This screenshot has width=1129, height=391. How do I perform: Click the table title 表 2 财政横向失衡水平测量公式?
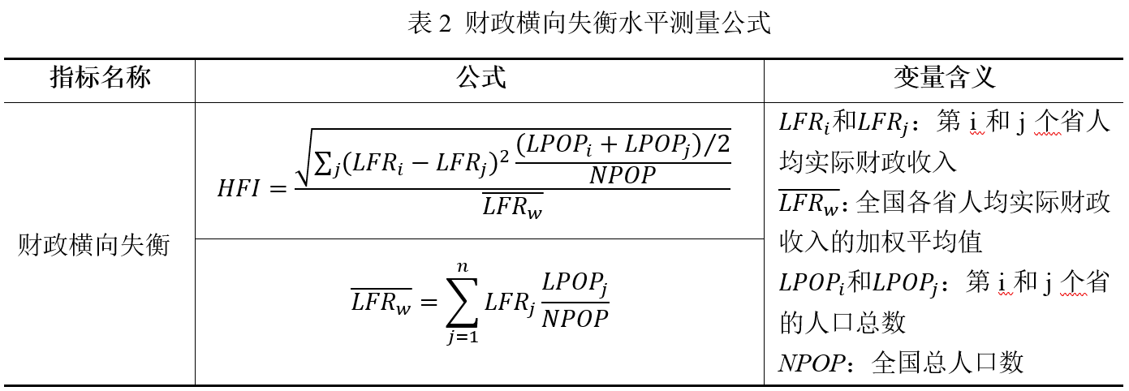[x=588, y=24]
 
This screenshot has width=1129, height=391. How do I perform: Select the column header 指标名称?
[x=101, y=79]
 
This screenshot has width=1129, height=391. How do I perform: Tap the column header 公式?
[x=480, y=79]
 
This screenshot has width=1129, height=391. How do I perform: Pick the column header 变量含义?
[x=944, y=79]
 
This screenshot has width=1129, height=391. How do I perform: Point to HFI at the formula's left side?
[x=239, y=190]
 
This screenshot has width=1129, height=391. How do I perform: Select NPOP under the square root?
[x=623, y=174]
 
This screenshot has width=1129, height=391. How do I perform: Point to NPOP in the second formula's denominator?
[x=575, y=318]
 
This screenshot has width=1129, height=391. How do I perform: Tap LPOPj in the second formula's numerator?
[x=575, y=286]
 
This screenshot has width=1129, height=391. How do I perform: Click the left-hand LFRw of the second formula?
[x=381, y=302]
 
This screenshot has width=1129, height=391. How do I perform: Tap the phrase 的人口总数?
[x=842, y=323]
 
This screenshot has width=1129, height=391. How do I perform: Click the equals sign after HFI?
[x=278, y=190]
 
